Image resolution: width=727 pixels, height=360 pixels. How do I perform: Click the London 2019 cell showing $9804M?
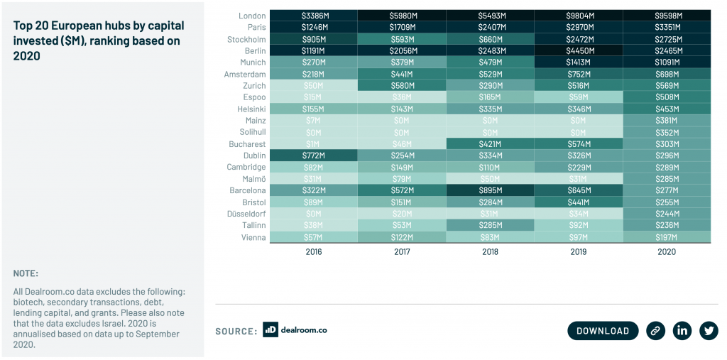click(579, 16)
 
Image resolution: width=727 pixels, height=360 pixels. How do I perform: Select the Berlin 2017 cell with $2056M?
click(402, 51)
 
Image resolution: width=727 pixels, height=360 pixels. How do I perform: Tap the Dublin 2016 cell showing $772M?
click(314, 156)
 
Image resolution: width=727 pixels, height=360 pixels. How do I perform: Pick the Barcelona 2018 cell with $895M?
click(491, 190)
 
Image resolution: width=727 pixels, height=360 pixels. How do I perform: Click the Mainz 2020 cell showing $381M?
click(667, 121)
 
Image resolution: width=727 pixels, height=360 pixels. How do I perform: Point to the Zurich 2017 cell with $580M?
click(402, 86)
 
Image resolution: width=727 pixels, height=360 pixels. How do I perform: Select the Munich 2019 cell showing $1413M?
click(579, 62)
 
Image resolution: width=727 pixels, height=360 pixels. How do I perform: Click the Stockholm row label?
click(245, 40)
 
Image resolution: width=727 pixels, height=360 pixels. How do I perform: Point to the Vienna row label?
click(252, 237)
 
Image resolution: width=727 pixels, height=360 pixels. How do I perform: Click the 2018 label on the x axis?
click(491, 251)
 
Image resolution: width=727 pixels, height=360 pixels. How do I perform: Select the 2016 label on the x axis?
click(314, 251)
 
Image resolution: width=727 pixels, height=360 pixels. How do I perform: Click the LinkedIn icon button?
click(682, 330)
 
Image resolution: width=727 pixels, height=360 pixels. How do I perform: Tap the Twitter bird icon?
click(709, 330)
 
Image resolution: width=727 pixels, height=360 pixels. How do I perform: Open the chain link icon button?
click(655, 330)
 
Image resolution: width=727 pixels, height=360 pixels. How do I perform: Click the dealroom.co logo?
click(295, 330)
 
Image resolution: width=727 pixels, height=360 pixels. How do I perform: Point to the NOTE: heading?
click(26, 273)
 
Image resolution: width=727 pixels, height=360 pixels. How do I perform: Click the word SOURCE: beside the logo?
click(236, 331)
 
